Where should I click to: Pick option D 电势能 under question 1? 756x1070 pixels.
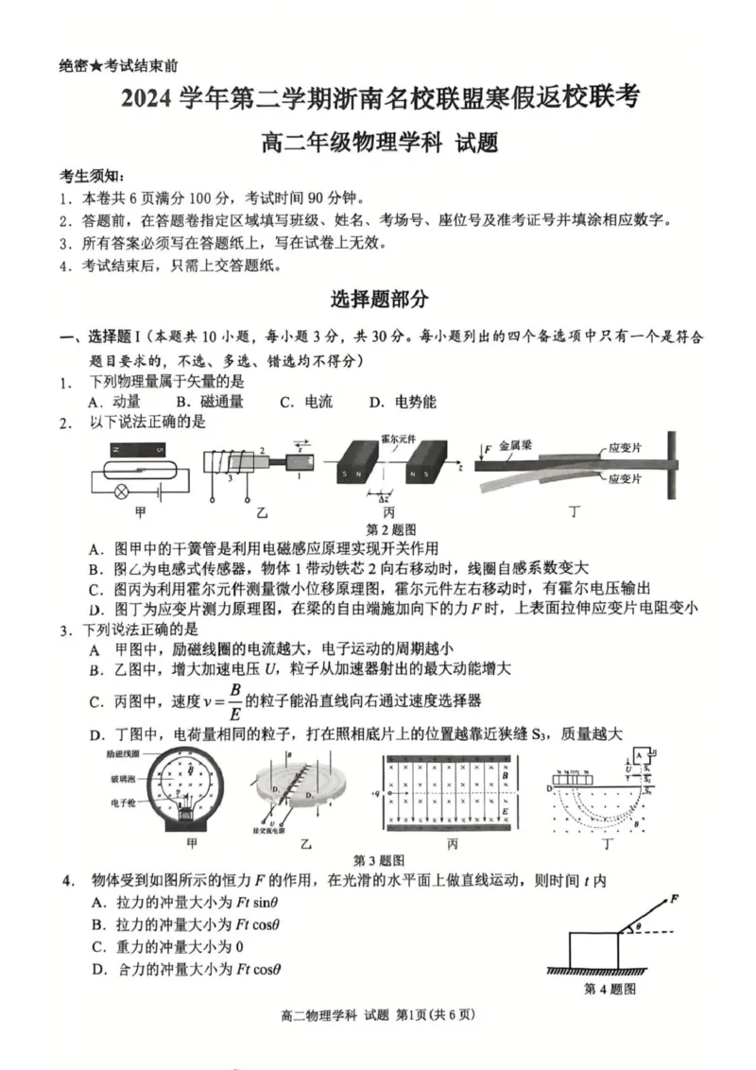[403, 402]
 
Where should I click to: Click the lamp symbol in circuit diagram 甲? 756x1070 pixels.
[121, 492]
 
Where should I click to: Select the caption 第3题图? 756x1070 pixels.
[379, 860]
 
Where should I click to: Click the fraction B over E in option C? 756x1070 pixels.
[235, 700]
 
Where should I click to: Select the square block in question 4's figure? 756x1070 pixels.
[593, 948]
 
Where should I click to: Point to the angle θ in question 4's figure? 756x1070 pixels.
[637, 927]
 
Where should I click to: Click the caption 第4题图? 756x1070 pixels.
[609, 989]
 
